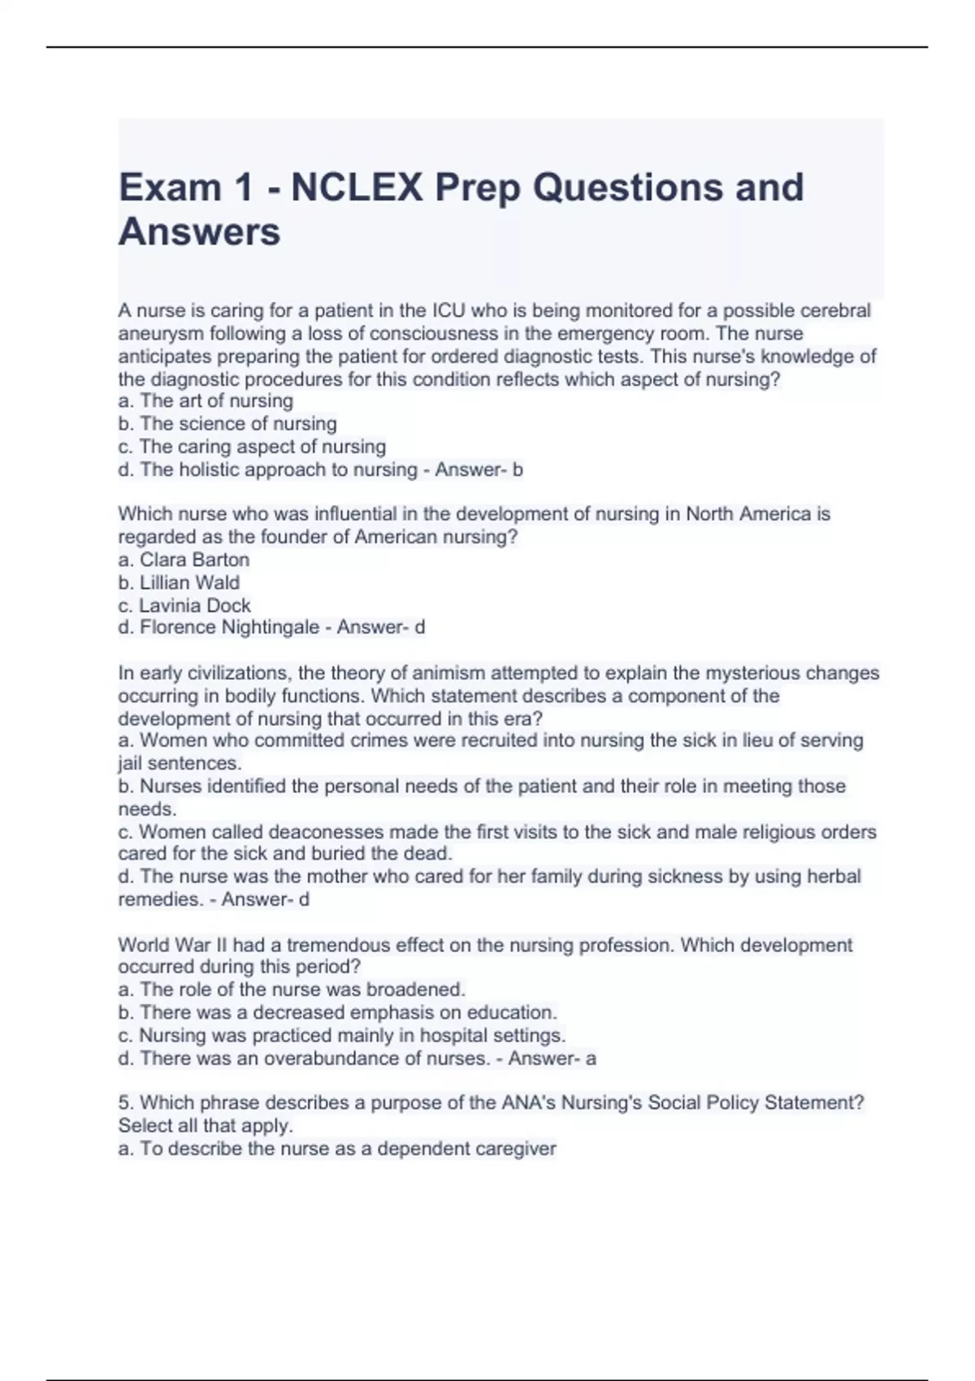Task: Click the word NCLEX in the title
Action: (x=357, y=188)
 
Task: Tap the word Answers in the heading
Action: (x=200, y=232)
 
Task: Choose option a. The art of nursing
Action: (x=206, y=400)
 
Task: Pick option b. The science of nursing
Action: (x=227, y=423)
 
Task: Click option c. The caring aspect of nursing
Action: (x=252, y=447)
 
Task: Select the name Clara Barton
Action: (x=194, y=560)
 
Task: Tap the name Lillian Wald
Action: (x=189, y=582)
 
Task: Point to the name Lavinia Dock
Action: (x=194, y=605)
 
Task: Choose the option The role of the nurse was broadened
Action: (x=302, y=989)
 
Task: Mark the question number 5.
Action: (x=125, y=1103)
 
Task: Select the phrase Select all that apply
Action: (x=205, y=1126)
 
